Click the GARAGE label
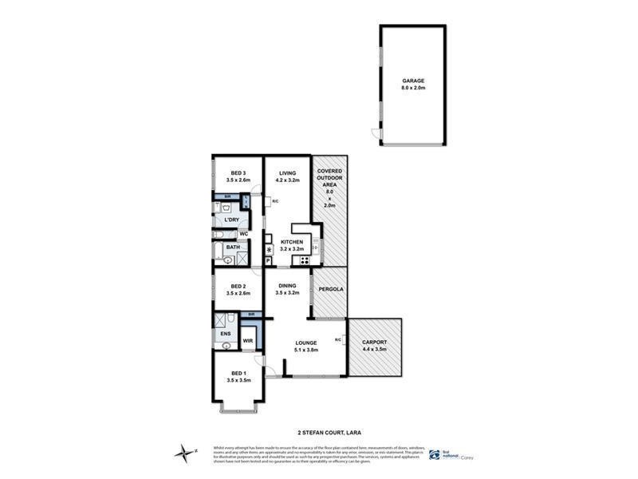click(412, 81)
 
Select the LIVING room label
click(287, 173)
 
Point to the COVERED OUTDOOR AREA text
click(330, 182)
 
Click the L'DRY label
click(231, 220)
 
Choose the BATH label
click(232, 247)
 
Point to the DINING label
click(287, 287)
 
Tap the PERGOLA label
click(330, 288)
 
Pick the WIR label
click(247, 340)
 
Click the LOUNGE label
click(307, 343)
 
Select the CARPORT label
click(375, 344)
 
